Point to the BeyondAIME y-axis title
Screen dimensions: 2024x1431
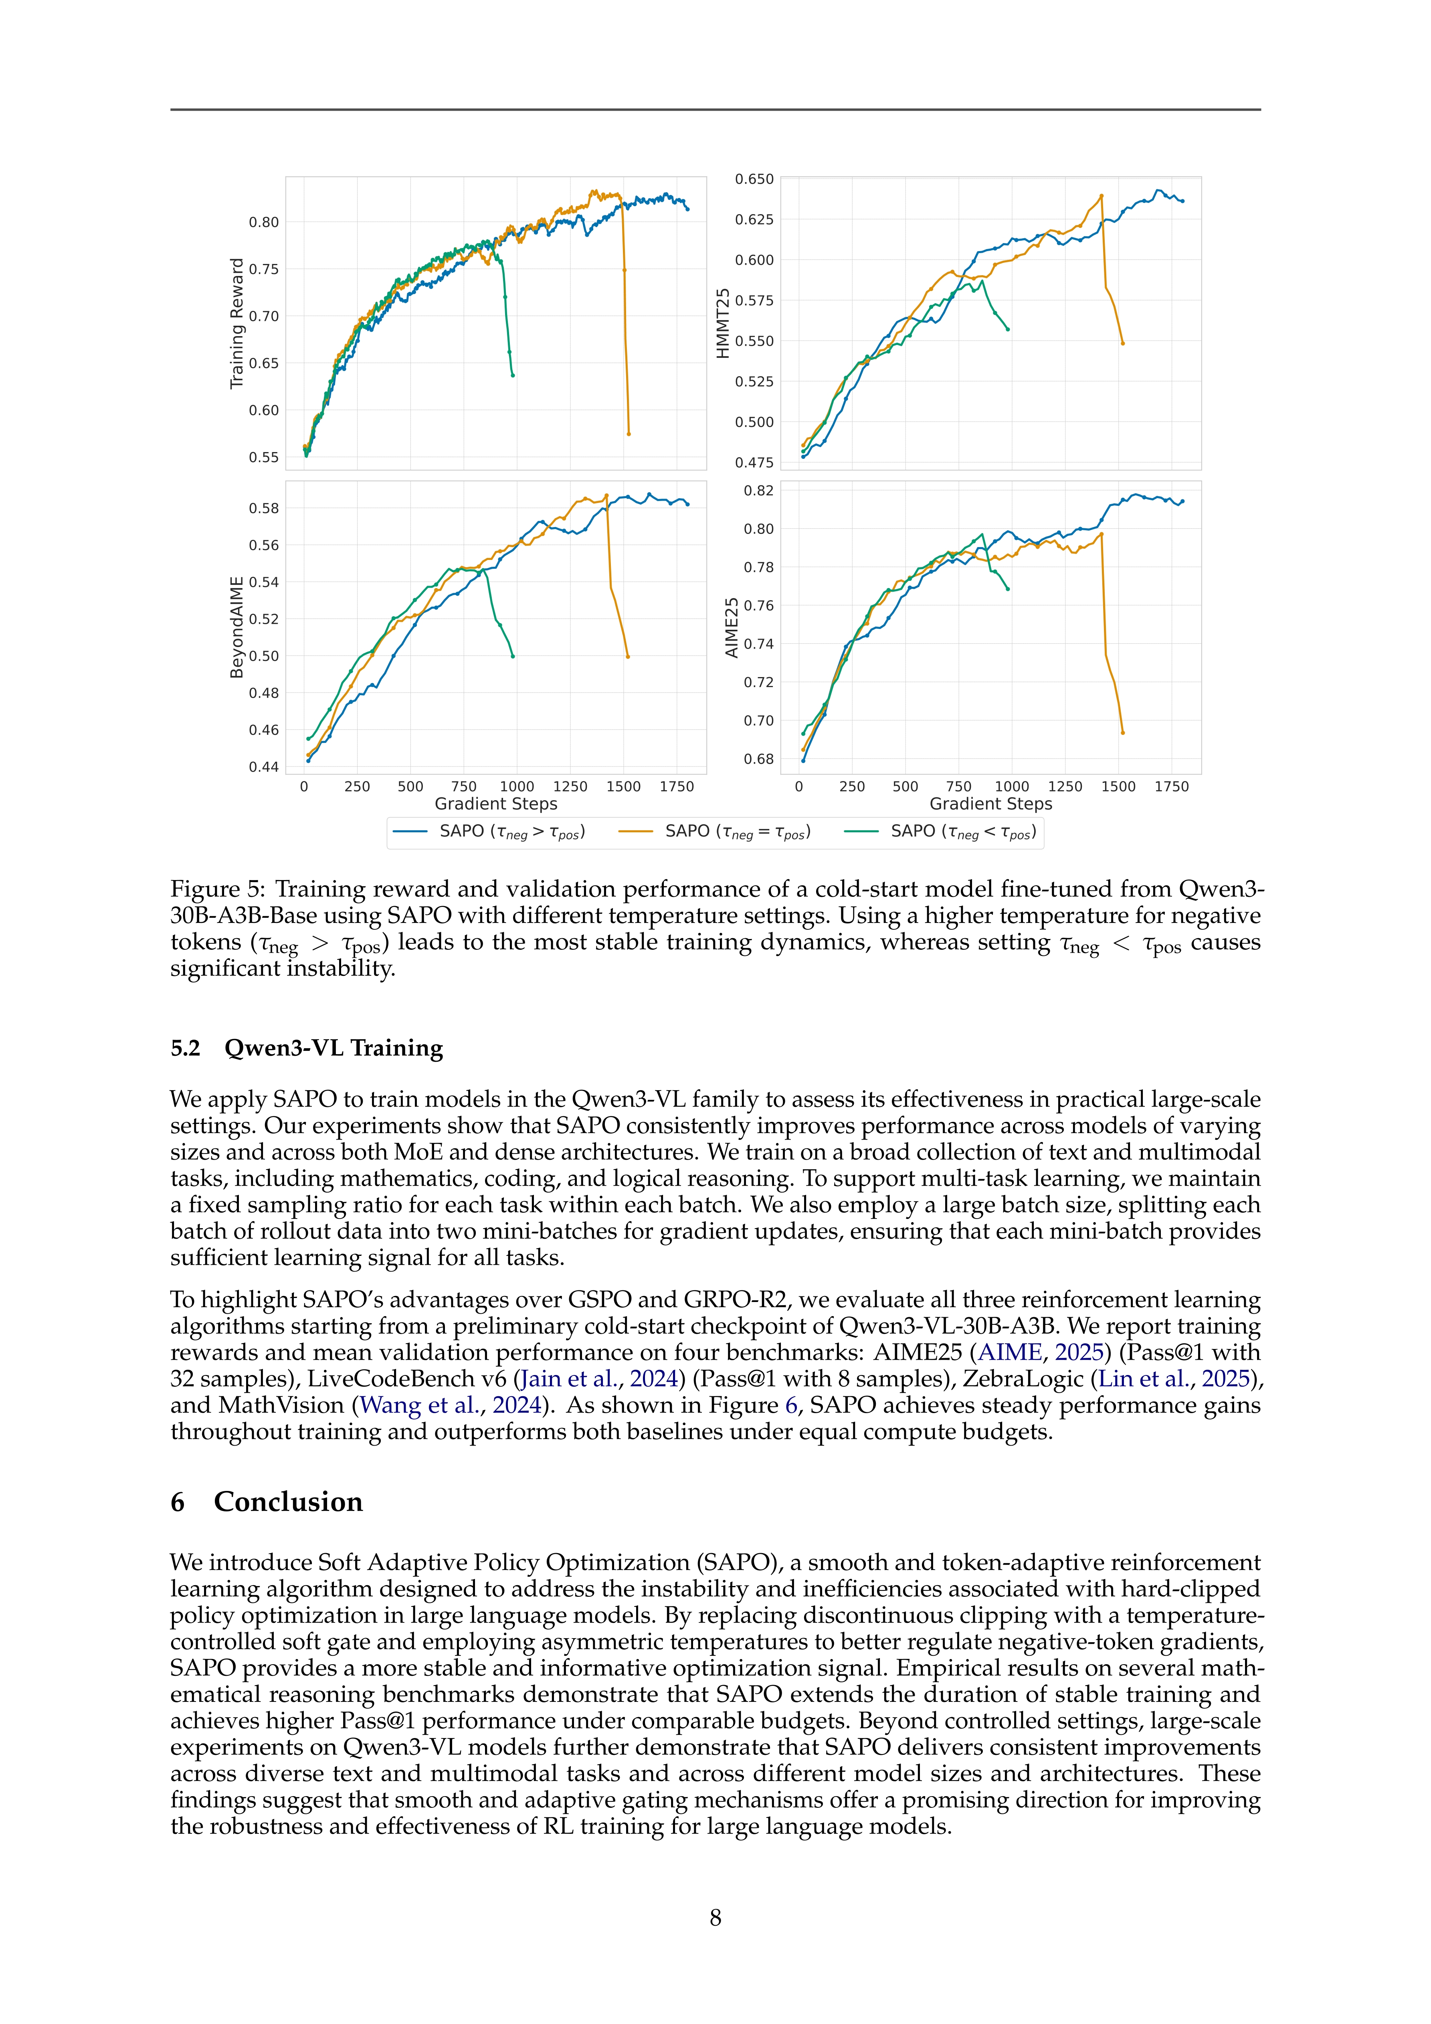tap(236, 628)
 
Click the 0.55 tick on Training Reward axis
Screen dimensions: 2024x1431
tap(263, 458)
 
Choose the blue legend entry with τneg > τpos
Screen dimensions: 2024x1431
tap(489, 831)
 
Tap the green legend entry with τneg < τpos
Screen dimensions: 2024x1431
tap(940, 831)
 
